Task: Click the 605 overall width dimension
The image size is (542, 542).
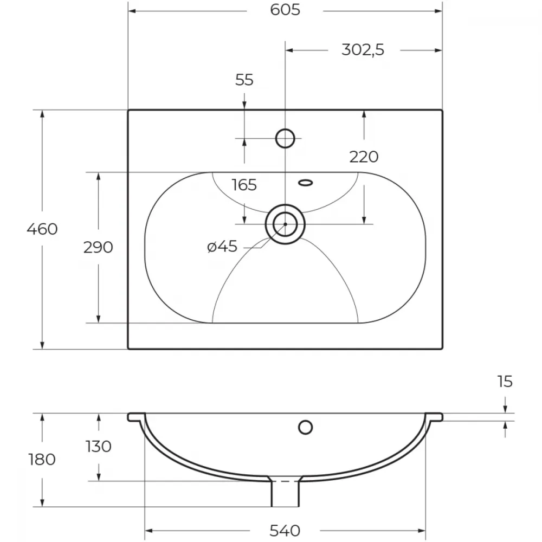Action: (285, 10)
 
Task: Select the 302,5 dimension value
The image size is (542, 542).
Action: (363, 50)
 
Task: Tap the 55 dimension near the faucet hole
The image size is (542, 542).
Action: (244, 80)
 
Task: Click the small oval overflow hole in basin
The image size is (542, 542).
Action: (306, 183)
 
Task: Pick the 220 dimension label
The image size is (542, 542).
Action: (364, 157)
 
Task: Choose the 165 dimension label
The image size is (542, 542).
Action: (244, 185)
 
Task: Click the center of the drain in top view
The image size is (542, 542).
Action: (285, 224)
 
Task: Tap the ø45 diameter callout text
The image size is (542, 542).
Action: (222, 247)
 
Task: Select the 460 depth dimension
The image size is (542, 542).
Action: (42, 229)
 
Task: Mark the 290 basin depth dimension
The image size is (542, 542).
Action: (98, 247)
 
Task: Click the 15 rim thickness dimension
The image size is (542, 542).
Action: (505, 382)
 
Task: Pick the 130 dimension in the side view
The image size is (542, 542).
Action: (99, 446)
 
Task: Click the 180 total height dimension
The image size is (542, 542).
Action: (42, 460)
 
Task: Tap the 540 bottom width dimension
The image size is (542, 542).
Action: (285, 530)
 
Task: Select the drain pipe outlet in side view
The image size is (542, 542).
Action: (285, 494)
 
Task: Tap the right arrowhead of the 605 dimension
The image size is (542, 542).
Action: (438, 11)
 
